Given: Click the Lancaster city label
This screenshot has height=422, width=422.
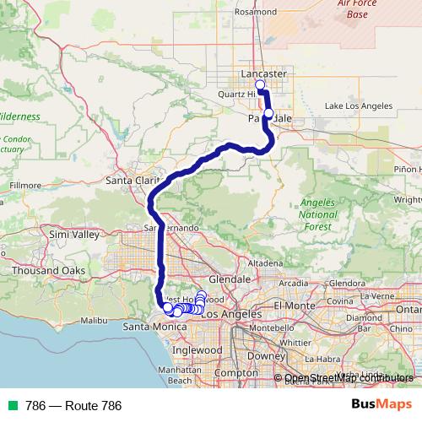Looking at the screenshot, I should [263, 74].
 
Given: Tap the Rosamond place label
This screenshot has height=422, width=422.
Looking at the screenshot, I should [256, 13].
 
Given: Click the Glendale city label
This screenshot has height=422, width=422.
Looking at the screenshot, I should [230, 279].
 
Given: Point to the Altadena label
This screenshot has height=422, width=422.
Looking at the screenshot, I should [264, 263].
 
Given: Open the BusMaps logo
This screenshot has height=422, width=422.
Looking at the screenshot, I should [381, 405].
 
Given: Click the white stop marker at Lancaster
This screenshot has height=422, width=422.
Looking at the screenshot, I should [260, 85].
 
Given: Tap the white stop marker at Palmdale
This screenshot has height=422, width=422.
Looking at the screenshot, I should [268, 113].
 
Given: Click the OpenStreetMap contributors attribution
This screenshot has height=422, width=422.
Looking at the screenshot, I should [348, 378].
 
